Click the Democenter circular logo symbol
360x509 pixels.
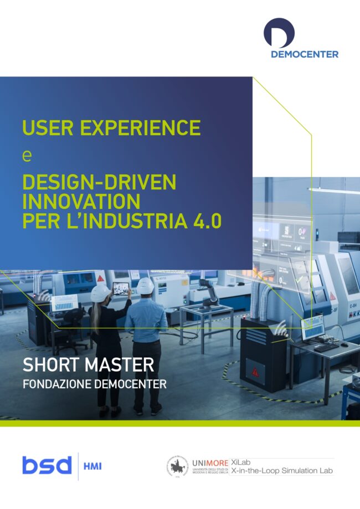[x=279, y=32]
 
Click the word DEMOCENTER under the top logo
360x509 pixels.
[x=304, y=54]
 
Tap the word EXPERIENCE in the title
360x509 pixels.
[x=140, y=127]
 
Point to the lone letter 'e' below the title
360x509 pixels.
[x=27, y=156]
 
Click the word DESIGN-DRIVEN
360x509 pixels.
[x=99, y=182]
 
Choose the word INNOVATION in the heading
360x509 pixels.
[x=81, y=200]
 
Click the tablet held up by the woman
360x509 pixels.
[x=121, y=287]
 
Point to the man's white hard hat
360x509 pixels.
[x=145, y=286]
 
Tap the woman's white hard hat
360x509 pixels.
[x=100, y=292]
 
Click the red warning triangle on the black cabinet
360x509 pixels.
[x=255, y=372]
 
